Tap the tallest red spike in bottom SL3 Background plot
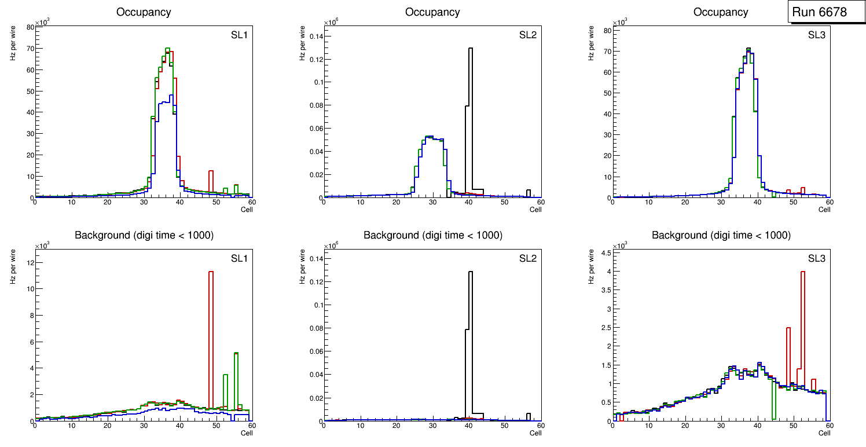coord(803,324)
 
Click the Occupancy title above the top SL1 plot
coord(144,12)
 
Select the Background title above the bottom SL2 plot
coord(432,235)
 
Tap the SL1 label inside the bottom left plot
coord(238,258)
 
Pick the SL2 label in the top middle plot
coord(528,36)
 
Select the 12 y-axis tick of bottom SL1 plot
coord(28,262)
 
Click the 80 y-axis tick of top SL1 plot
coord(30,27)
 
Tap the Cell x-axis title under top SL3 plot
coord(824,210)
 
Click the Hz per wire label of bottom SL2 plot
coord(302,267)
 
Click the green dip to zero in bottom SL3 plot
coord(773,405)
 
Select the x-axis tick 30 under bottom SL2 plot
coord(432,426)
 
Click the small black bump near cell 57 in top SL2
coord(528,193)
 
